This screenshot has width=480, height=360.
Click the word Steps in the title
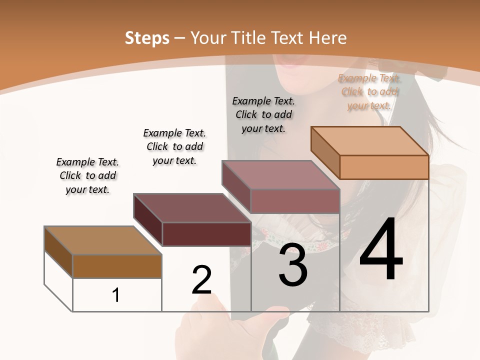[x=147, y=38]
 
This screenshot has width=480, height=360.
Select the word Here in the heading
[x=328, y=38]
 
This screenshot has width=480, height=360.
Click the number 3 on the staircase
[x=292, y=265]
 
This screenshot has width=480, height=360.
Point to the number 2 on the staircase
[x=201, y=279]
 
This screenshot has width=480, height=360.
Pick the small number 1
[x=116, y=295]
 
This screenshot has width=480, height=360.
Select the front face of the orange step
[x=384, y=167]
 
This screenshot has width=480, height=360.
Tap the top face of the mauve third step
[x=281, y=175]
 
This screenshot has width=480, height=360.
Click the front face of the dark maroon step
[x=206, y=234]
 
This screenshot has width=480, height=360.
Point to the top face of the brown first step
[x=103, y=240]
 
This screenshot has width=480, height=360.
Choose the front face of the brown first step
[x=117, y=266]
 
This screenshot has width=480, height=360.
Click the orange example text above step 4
[x=369, y=91]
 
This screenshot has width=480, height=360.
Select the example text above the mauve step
[x=263, y=114]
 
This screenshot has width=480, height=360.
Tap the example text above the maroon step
[x=174, y=146]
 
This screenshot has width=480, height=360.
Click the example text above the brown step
[x=87, y=175]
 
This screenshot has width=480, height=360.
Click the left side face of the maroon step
[x=148, y=220]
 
